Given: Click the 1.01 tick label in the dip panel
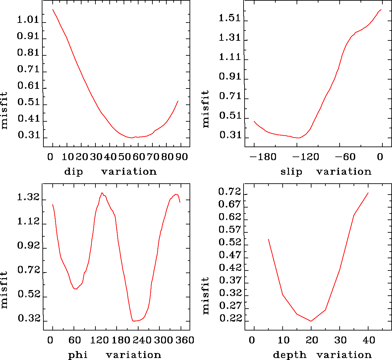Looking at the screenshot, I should [x=28, y=20].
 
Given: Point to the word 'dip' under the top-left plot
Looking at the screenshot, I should [x=74, y=172].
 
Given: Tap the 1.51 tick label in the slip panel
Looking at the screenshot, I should [x=230, y=18].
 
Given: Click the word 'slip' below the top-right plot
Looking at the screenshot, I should [x=291, y=172].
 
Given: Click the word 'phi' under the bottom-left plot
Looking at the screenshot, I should [x=78, y=355].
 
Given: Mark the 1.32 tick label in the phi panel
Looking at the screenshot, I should [x=28, y=198].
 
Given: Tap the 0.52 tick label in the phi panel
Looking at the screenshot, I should [x=28, y=294].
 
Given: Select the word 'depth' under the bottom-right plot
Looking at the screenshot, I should [x=290, y=355].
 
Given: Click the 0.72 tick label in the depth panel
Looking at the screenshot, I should [x=230, y=192].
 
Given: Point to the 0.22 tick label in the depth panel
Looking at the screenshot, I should [x=230, y=318].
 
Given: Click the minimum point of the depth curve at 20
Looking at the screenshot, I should [x=311, y=321].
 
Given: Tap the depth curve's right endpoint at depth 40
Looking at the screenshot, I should [x=368, y=193].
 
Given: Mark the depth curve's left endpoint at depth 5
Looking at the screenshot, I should [x=268, y=239].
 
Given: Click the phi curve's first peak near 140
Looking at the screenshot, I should [x=102, y=193].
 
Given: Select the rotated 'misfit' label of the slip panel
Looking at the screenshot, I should [x=206, y=109].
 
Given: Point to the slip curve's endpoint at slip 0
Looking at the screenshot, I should [x=381, y=10].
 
